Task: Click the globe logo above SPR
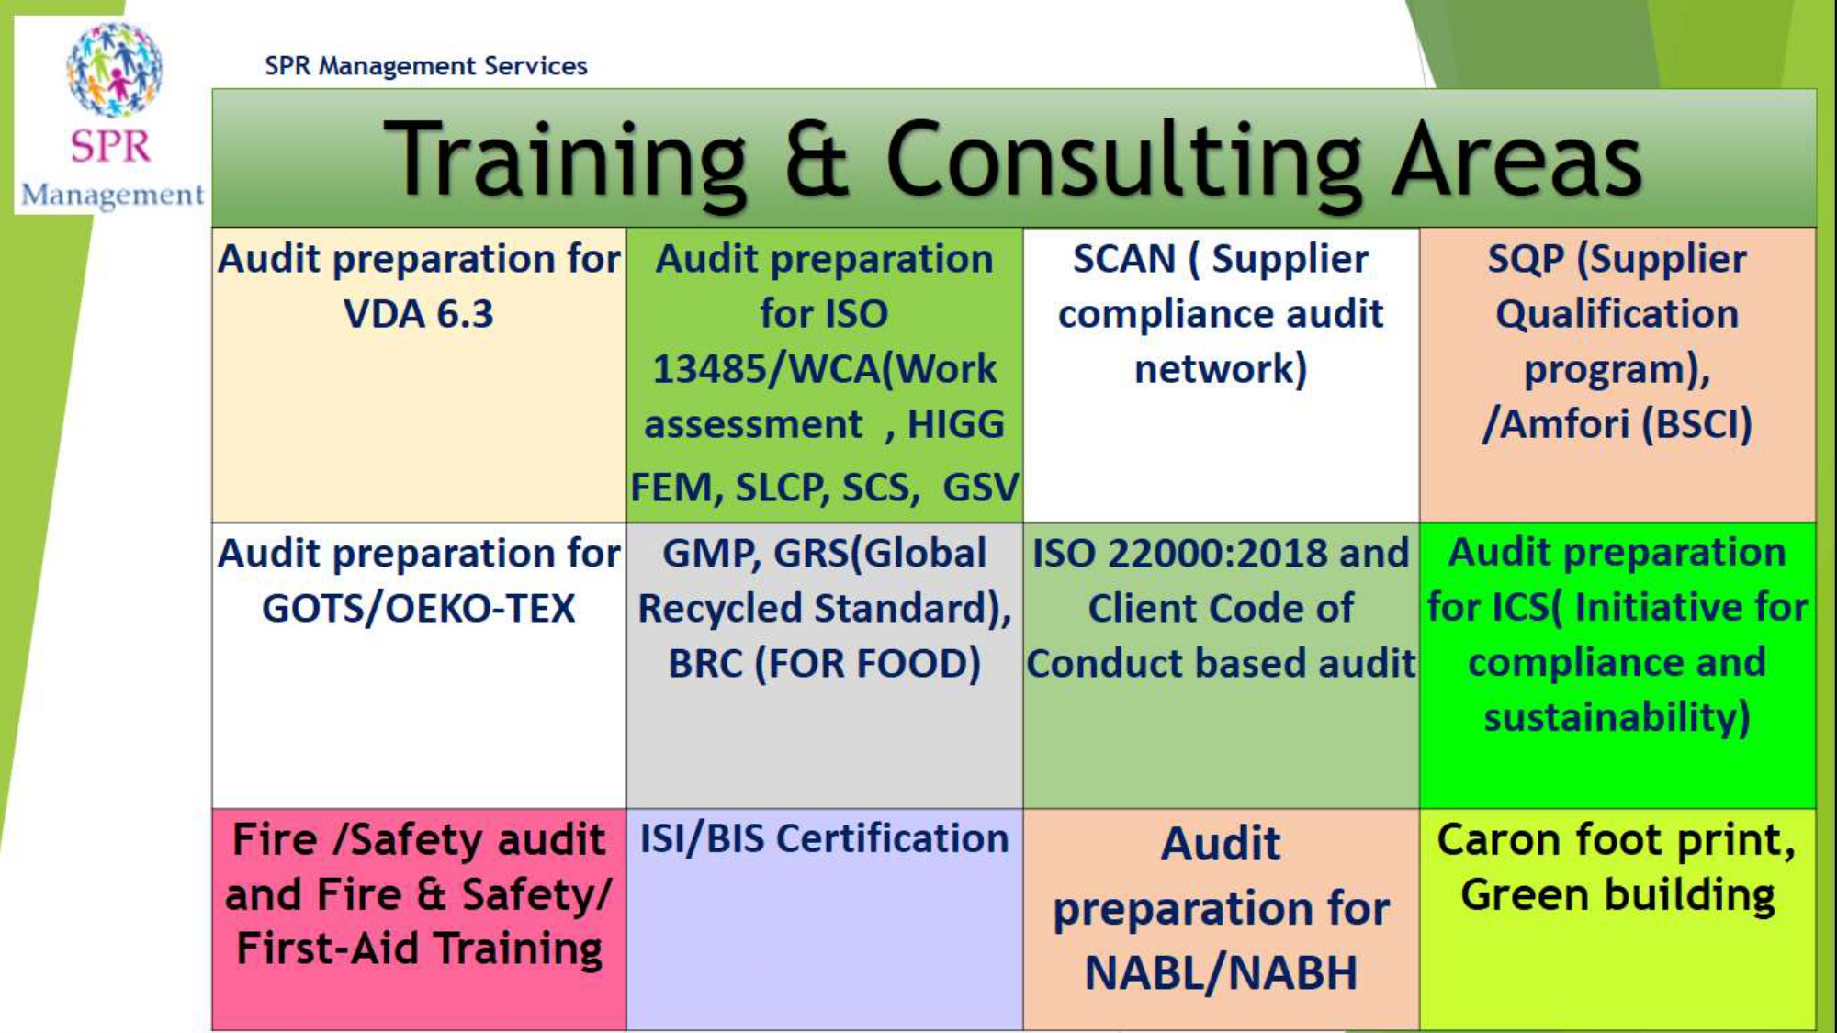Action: click(x=115, y=70)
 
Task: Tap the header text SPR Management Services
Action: click(x=426, y=66)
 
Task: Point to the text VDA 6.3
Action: click(x=419, y=314)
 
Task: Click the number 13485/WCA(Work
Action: click(x=824, y=369)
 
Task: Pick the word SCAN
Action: click(x=1124, y=259)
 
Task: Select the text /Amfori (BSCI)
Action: click(x=1617, y=424)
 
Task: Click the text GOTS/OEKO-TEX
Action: click(x=419, y=609)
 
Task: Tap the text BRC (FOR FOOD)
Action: click(x=824, y=664)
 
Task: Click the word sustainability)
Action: click(x=1617, y=718)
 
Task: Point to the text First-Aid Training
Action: click(x=419, y=949)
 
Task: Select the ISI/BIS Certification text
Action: click(x=824, y=839)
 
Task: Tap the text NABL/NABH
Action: click(x=1221, y=973)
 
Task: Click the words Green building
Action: click(x=1617, y=895)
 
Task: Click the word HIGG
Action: click(x=956, y=425)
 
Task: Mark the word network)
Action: click(x=1221, y=369)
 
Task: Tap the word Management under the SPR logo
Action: click(x=112, y=196)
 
